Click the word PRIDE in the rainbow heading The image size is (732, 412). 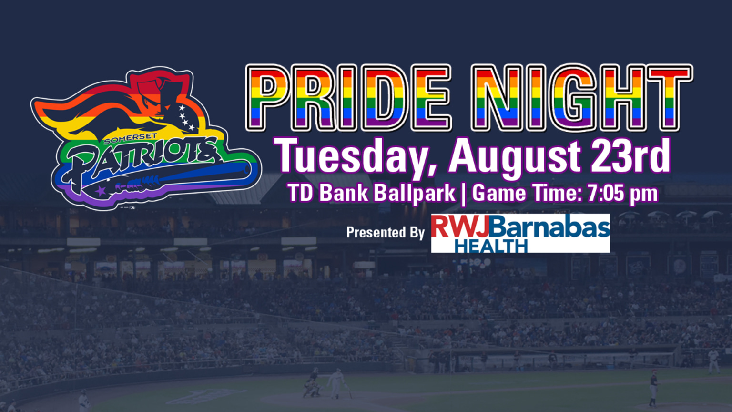[x=348, y=97]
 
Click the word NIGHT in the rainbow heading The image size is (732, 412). [x=582, y=97]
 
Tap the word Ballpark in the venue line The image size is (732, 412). [x=414, y=193]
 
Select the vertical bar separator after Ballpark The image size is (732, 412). [x=463, y=194]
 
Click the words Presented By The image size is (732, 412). [x=385, y=233]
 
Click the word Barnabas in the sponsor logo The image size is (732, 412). [x=549, y=227]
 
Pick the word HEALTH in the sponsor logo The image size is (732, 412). [x=491, y=246]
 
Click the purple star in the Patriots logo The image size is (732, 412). [x=101, y=190]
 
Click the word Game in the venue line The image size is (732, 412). [x=498, y=193]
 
